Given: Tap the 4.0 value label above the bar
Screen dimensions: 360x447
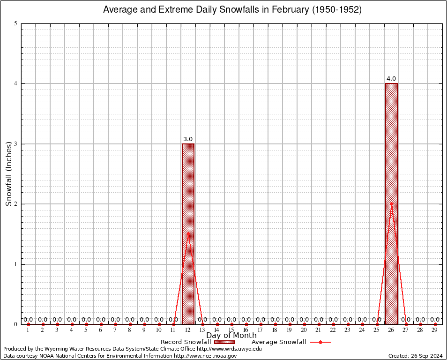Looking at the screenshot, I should click(391, 79).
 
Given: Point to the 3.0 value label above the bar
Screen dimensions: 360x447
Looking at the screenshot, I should click(188, 139).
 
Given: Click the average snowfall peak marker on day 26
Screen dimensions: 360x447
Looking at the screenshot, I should click(391, 204).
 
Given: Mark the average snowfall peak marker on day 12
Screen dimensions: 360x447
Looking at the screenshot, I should click(188, 233).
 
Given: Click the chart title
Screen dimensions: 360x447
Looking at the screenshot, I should click(232, 10).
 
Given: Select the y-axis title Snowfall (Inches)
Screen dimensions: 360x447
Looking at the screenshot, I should click(8, 174).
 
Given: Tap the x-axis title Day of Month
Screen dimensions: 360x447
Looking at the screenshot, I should click(231, 335).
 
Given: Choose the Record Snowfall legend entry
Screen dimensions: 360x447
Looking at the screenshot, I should click(197, 342).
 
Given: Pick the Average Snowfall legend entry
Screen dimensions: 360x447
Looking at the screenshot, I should click(291, 342).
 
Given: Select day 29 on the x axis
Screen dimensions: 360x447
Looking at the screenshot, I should click(435, 330).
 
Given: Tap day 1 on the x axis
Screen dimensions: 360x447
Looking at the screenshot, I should click(28, 330).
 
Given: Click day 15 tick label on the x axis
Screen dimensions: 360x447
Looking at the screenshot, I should click(231, 330).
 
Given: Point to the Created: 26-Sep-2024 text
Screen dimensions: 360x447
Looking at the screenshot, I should click(415, 356).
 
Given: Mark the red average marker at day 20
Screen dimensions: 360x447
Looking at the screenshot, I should click(304, 324).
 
